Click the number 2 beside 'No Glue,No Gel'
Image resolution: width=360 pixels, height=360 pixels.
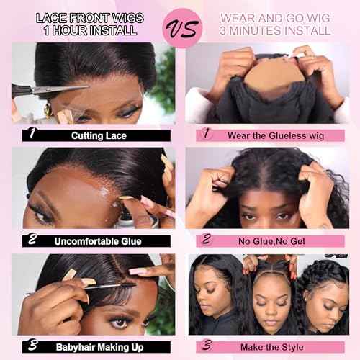click(x=206, y=240)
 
